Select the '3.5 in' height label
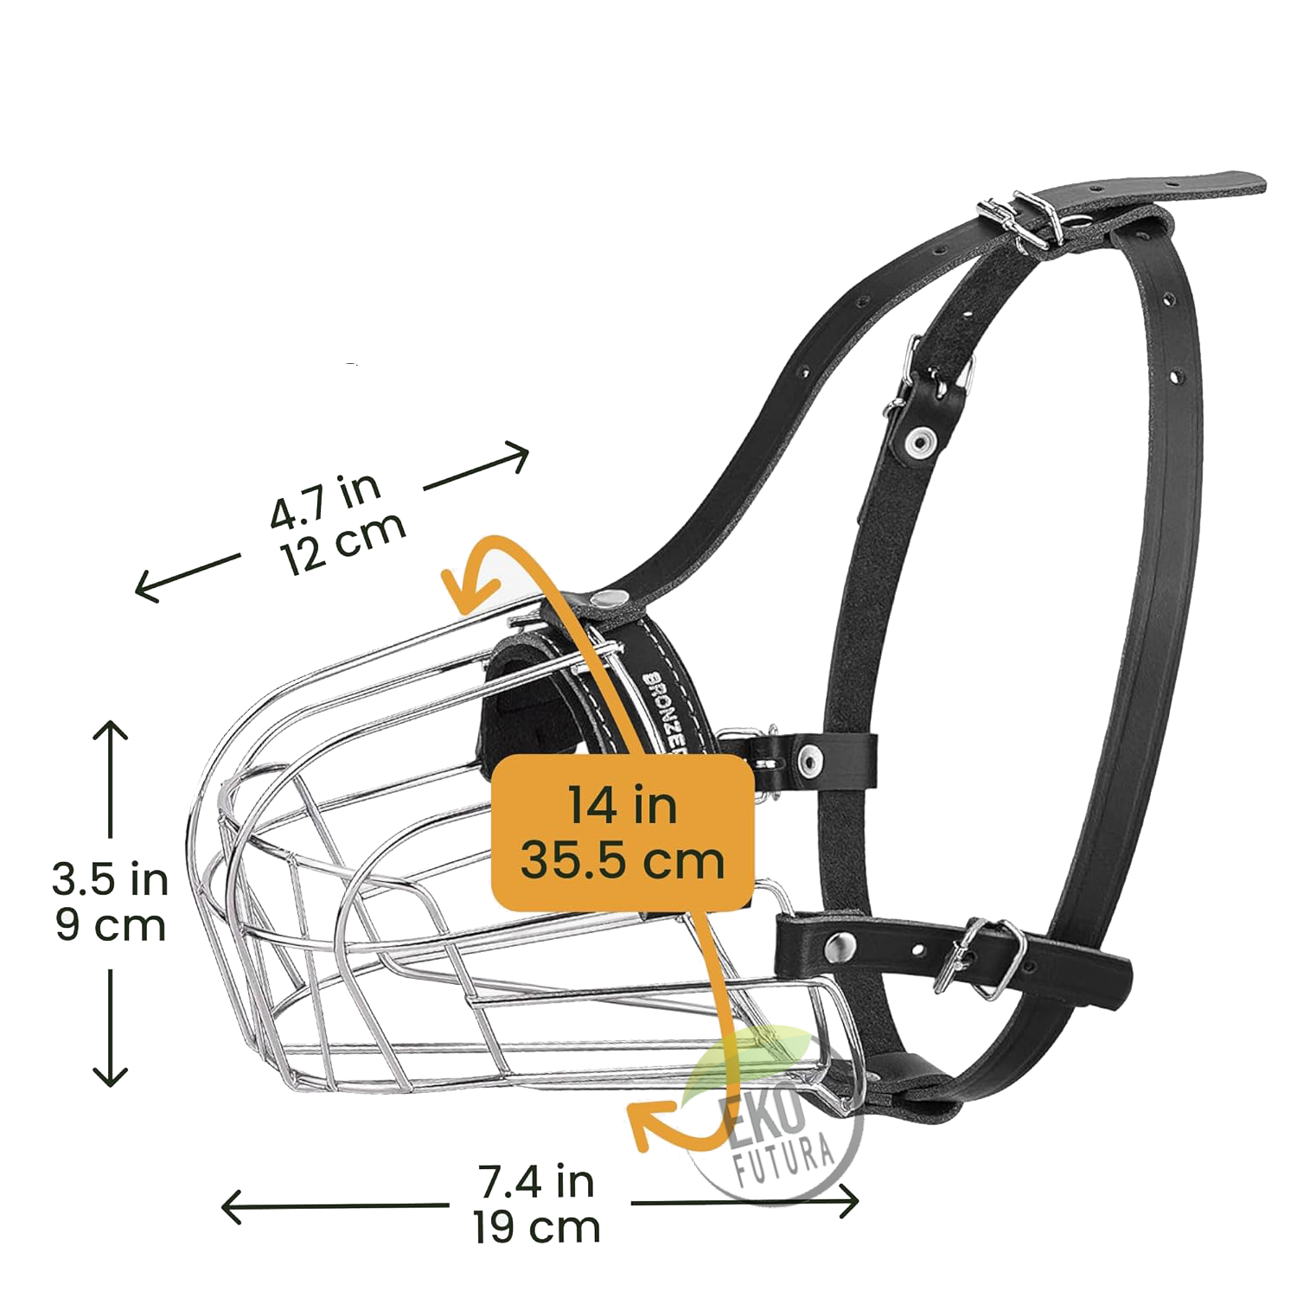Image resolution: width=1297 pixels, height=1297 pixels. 110,879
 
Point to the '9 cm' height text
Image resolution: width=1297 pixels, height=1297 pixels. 110,926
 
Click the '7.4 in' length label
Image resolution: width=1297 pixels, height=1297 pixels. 536,1181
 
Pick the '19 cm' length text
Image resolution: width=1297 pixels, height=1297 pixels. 536,1226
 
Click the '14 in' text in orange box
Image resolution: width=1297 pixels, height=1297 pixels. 623,805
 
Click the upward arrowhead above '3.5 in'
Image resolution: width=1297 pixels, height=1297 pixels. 111,731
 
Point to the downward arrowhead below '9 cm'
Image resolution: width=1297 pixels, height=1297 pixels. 111,1077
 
